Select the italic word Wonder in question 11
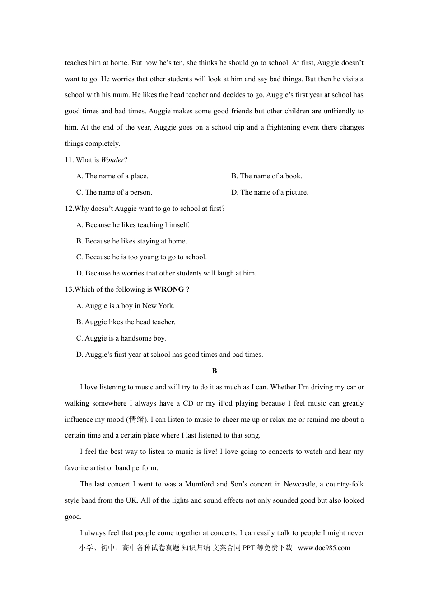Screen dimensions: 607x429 coord(112,160)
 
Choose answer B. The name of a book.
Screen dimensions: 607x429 coord(266,176)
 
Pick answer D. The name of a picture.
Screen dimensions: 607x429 coord(270,192)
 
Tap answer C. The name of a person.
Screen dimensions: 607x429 coord(114,192)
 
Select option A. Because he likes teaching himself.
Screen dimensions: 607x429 coord(133,225)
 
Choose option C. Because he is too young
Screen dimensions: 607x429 coord(141,257)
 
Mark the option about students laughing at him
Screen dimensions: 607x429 coord(166,273)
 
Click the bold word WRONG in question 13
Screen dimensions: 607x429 coord(169,289)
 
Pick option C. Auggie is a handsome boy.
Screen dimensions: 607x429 coord(121,338)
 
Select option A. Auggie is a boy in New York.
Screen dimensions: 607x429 coord(125,306)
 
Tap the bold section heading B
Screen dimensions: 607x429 coord(214,371)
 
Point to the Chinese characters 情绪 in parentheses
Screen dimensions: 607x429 coord(137,420)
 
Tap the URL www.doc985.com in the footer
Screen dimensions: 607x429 coord(324,548)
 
